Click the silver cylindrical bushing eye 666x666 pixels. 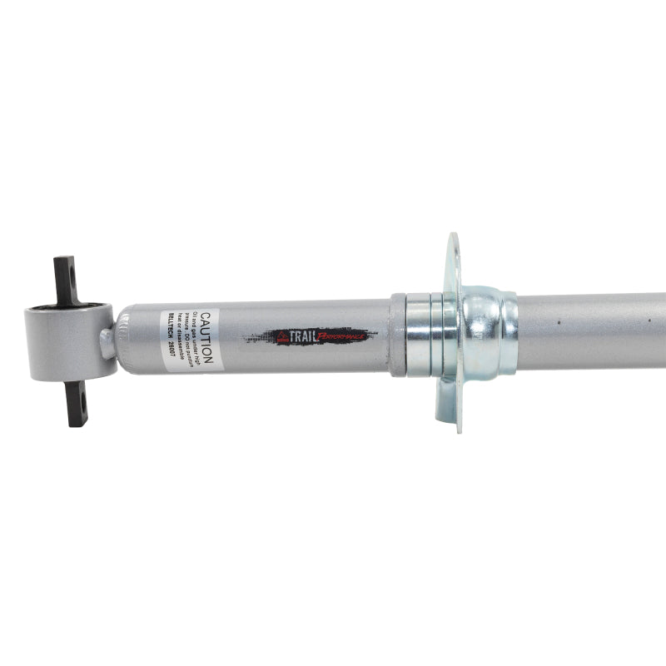point(67,341)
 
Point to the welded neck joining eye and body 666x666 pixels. point(109,341)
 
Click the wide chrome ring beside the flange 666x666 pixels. point(419,334)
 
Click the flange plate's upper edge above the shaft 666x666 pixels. point(453,250)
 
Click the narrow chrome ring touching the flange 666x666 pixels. point(440,333)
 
